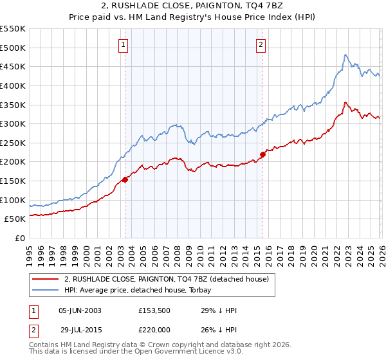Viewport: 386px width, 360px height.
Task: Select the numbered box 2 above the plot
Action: click(261, 44)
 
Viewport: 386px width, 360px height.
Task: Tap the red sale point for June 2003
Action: click(125, 180)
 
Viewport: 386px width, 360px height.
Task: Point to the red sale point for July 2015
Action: click(262, 154)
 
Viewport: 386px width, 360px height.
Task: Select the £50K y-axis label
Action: click(15, 219)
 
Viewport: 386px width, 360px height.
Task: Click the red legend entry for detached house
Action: click(170, 278)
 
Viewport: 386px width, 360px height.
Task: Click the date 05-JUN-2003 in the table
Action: click(80, 310)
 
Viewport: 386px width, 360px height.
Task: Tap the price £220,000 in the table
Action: click(156, 330)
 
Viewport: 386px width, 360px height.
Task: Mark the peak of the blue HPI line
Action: click(345, 55)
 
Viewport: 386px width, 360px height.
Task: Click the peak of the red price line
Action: click(345, 102)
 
